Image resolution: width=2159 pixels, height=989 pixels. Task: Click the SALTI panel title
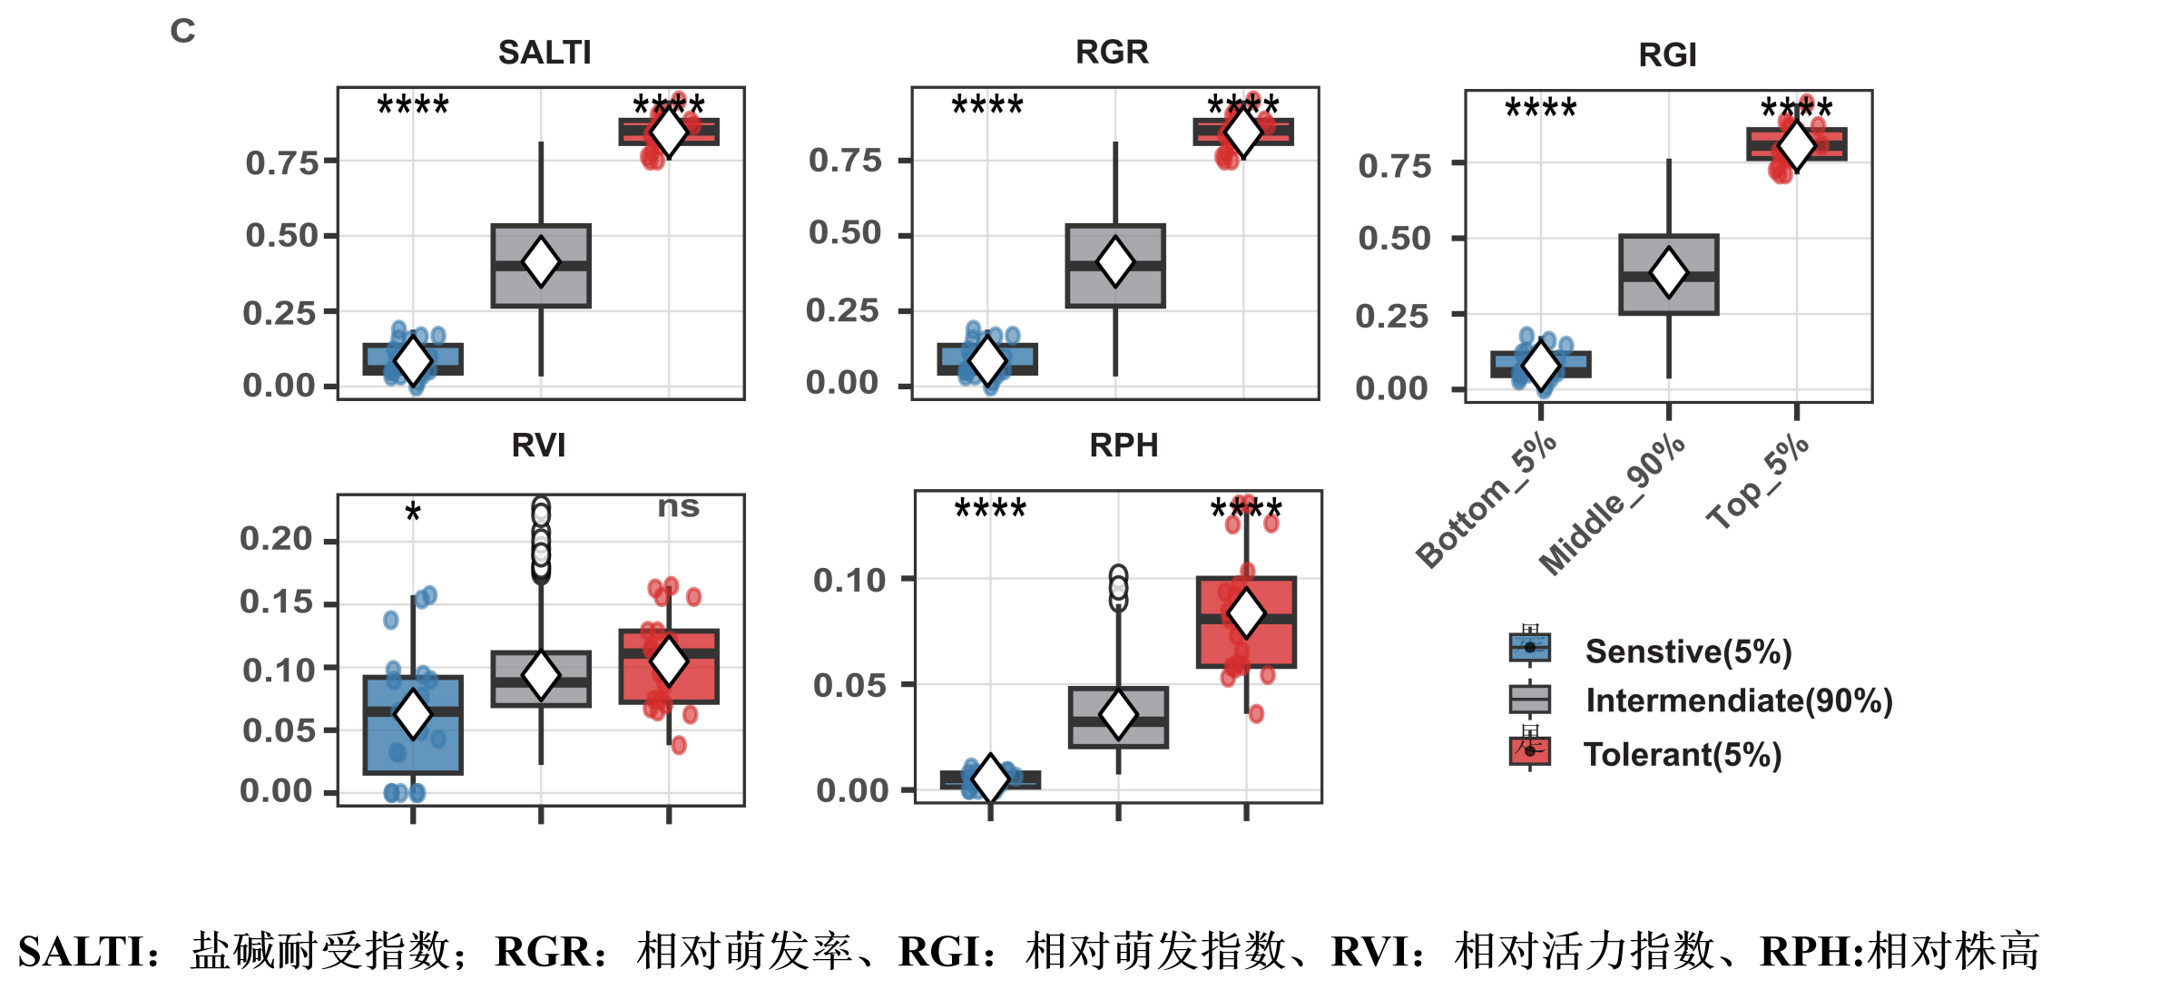click(x=545, y=53)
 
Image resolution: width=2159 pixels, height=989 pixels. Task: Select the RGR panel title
click(x=1112, y=52)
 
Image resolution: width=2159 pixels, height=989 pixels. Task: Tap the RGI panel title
click(x=1667, y=55)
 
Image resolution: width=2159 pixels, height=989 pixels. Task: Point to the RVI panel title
click(x=538, y=446)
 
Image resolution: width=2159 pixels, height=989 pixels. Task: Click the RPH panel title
click(x=1124, y=446)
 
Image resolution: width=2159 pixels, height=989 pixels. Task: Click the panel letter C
click(x=182, y=31)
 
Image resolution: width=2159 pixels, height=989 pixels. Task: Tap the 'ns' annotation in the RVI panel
click(x=679, y=506)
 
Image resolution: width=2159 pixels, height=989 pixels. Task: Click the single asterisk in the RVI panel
click(x=413, y=514)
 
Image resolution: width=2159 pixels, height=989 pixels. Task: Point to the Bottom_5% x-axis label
click(x=1487, y=501)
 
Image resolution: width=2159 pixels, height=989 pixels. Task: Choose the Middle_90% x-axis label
click(x=1612, y=505)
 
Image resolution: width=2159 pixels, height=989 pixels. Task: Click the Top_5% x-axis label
click(x=1758, y=482)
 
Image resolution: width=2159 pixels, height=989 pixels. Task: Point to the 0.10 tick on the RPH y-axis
click(x=849, y=580)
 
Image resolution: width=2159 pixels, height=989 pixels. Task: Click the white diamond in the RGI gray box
click(x=1668, y=272)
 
